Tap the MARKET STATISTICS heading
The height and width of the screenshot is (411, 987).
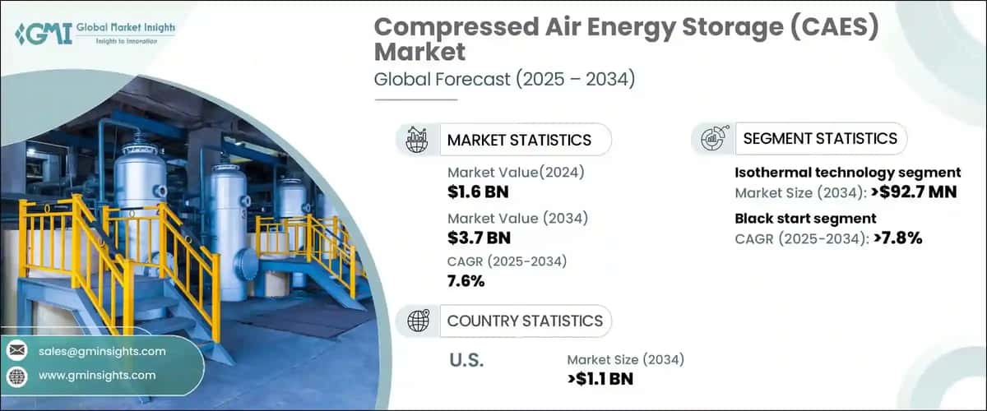tap(519, 140)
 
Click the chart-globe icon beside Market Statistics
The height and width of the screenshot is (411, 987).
tap(417, 140)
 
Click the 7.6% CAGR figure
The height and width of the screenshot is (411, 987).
tap(466, 281)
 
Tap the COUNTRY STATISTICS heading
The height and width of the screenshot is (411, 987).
tap(524, 321)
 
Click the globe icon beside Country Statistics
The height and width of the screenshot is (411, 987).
tap(417, 321)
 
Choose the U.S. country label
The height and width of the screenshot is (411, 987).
tap(466, 361)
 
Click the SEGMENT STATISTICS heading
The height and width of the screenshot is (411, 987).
tap(820, 138)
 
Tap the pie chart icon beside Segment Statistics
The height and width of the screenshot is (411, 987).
tap(712, 138)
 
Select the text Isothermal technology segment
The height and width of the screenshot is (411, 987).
tap(847, 173)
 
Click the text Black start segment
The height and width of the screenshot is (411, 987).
tap(804, 218)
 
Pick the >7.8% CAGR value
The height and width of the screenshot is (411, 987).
tap(892, 239)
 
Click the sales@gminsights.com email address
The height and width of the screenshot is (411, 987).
tap(102, 351)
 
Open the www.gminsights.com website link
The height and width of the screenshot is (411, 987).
tap(97, 375)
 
